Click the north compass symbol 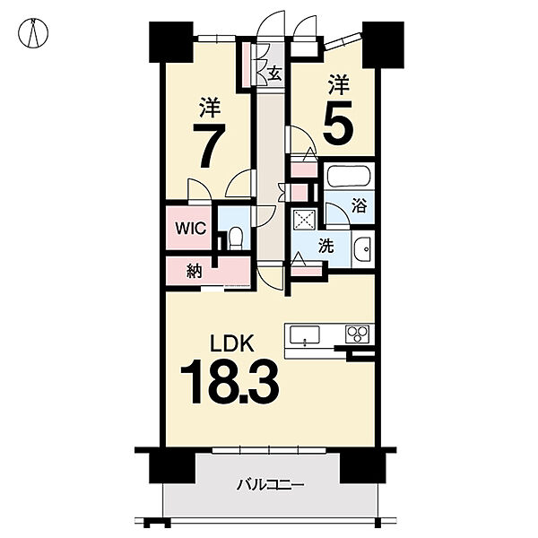[x=33, y=33]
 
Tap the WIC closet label [x=190, y=228]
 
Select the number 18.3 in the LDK [x=230, y=382]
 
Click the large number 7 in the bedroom [x=209, y=145]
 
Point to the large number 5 [x=338, y=123]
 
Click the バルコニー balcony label [x=271, y=485]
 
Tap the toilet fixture [x=235, y=239]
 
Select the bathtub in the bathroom [x=349, y=177]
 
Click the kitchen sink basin [x=305, y=334]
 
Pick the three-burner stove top [x=358, y=334]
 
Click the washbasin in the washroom [x=362, y=249]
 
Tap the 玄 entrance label [x=275, y=74]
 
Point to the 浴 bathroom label [x=359, y=206]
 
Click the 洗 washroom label [x=326, y=246]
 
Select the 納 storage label [x=195, y=272]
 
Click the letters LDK [x=232, y=343]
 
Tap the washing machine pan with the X [x=304, y=220]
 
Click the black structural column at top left [x=171, y=42]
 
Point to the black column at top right [x=383, y=45]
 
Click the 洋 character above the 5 [x=339, y=85]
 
